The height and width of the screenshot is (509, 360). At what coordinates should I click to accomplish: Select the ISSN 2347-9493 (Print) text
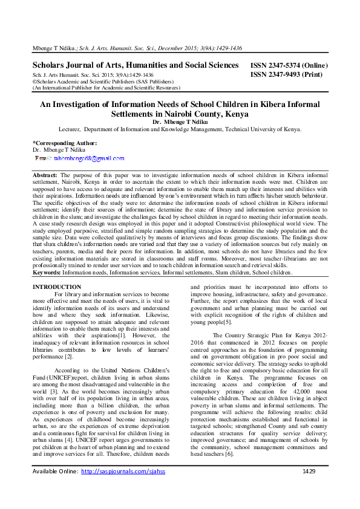[x=286, y=76]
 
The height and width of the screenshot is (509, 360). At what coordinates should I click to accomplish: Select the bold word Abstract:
[x=45, y=174]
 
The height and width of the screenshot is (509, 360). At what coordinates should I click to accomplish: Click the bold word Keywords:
[x=48, y=273]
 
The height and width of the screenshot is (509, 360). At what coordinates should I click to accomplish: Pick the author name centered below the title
[x=179, y=122]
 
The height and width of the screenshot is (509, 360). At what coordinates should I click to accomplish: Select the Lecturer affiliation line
[x=179, y=129]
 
